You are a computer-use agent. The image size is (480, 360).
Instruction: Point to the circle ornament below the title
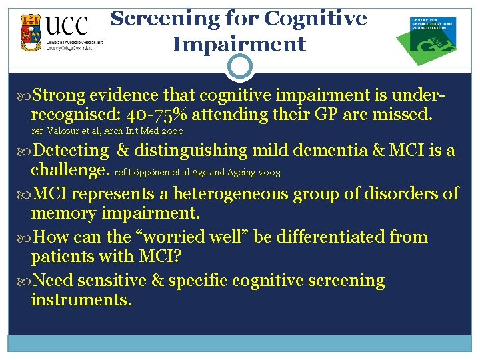(239, 67)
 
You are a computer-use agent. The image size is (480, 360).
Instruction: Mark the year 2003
(268, 173)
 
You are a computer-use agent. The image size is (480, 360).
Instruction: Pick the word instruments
(81, 300)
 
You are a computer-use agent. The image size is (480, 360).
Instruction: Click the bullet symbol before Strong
(24, 96)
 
